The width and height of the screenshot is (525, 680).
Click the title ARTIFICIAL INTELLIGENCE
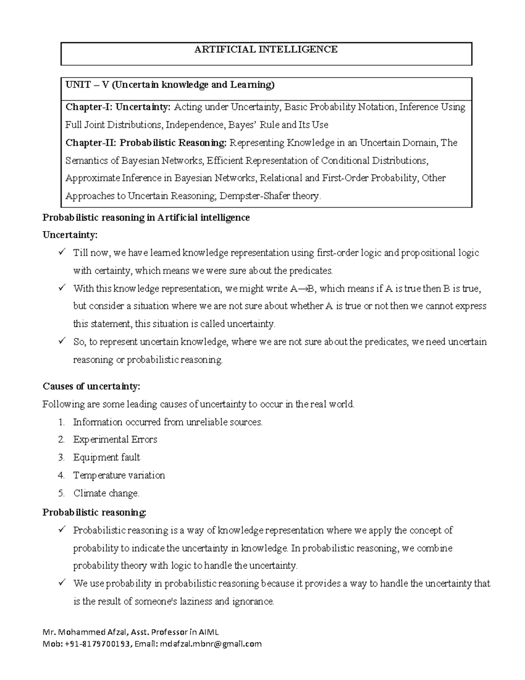pos(266,49)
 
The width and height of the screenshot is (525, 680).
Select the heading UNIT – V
pos(87,85)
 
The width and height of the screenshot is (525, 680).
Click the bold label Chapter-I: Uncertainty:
pos(119,107)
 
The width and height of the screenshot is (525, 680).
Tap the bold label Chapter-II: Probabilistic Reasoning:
pos(147,143)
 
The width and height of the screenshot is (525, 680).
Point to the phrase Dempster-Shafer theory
pos(270,196)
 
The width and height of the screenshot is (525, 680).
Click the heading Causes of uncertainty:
pos(91,386)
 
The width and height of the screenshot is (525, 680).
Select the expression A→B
pos(303,289)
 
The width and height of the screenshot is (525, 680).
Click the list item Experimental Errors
pos(115,440)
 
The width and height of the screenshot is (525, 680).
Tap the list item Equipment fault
pos(106,458)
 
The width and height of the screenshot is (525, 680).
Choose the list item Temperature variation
pos(119,476)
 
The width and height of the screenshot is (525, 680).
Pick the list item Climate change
pos(106,493)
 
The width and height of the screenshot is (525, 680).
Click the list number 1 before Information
pos(61,423)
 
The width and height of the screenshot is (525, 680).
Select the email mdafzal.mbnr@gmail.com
pos(210,644)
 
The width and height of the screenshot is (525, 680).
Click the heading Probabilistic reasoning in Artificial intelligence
pos(146,218)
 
